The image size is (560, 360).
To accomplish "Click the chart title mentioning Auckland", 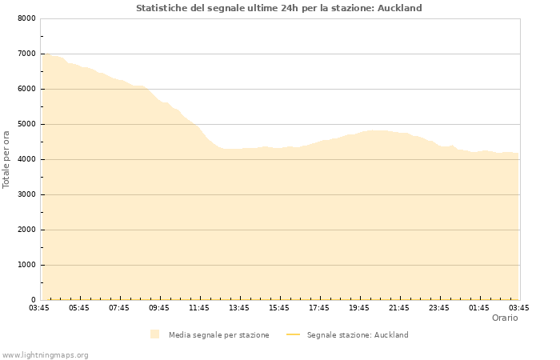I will pos(279,8).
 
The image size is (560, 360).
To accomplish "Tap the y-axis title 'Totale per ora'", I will pos(7,159).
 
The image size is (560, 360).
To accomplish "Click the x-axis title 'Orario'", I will pos(504,318).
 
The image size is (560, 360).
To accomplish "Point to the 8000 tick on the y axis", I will pos(26,18).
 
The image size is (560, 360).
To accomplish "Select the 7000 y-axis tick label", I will pos(26,54).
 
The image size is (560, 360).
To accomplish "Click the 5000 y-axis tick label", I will pos(26,124).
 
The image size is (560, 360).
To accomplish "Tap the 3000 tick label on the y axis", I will pos(26,194).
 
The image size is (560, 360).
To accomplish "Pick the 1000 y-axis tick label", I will pos(26,265).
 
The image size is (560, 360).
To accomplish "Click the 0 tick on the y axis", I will pos(33,300).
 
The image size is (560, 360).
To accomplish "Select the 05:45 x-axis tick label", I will pos(79,307).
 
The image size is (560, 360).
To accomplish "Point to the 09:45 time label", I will pos(159,307).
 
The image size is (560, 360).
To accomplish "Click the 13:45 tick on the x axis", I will pos(239,307).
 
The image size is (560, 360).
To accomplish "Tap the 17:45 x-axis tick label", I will pos(319,307).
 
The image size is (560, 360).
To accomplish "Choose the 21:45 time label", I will pos(399,307).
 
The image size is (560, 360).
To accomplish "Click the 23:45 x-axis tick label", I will pos(439,307).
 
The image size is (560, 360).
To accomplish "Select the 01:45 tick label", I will pos(479,307).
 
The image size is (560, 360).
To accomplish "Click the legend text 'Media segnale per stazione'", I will pos(218,334).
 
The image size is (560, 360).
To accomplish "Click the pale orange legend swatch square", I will pos(154,334).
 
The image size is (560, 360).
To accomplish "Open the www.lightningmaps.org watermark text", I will pos(46,354).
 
